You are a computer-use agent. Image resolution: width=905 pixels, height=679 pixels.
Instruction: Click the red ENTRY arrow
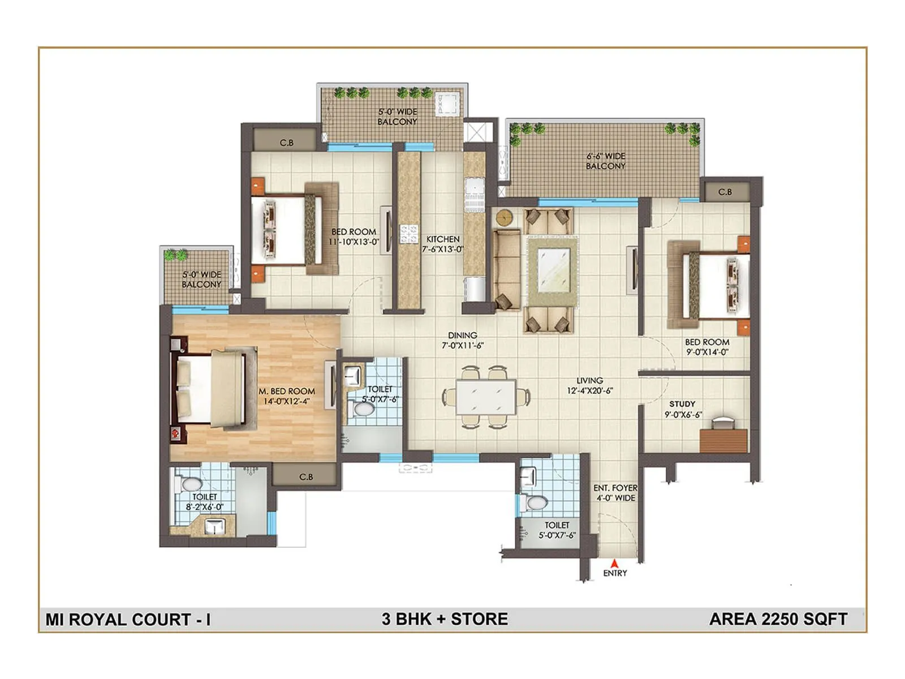614,563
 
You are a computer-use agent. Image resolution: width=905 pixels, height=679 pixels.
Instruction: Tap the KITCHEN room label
443,239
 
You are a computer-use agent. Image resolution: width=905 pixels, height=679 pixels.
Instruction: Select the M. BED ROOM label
287,392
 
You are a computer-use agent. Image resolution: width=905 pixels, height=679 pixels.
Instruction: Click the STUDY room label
682,404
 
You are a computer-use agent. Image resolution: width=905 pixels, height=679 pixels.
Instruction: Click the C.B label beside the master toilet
306,477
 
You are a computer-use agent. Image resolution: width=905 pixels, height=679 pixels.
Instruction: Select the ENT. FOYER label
615,488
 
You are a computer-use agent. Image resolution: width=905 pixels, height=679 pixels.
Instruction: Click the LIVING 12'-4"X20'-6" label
589,385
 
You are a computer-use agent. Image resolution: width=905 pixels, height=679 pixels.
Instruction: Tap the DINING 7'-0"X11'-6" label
463,340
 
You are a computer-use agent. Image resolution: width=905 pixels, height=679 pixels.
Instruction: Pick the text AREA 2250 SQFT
778,619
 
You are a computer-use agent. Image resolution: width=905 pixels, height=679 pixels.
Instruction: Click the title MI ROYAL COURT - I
128,620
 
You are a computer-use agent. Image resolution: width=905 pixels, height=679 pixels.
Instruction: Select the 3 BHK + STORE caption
445,619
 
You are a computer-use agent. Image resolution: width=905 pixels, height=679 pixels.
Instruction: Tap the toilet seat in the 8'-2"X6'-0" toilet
191,484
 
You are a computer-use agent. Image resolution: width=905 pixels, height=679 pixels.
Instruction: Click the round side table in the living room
504,217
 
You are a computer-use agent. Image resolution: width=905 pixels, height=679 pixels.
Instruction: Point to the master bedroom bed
215,389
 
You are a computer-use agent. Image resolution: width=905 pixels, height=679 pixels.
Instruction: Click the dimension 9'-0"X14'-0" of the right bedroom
707,352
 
